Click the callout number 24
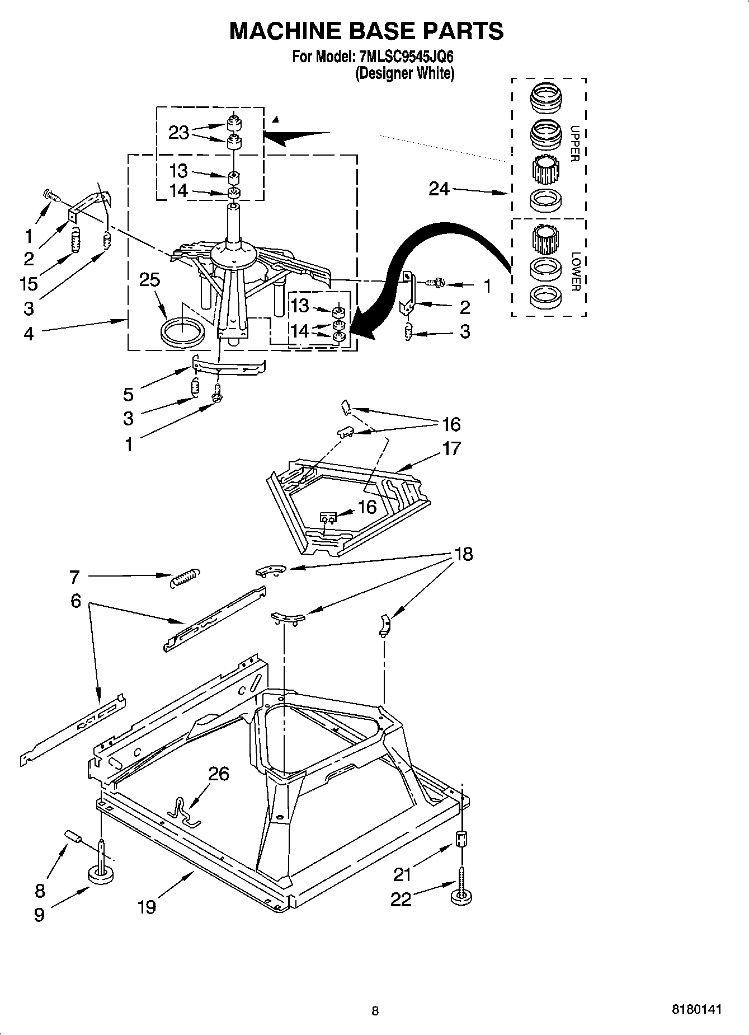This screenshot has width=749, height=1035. (x=439, y=189)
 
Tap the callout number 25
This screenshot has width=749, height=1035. (x=149, y=280)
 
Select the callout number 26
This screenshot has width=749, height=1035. (x=219, y=774)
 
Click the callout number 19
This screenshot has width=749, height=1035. (x=147, y=906)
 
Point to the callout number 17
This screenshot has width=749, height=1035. (x=451, y=448)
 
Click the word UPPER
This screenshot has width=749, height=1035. (x=574, y=143)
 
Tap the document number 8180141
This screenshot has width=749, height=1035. (x=696, y=1009)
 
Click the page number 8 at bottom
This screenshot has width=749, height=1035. (x=375, y=1010)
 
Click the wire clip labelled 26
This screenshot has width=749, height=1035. (x=183, y=812)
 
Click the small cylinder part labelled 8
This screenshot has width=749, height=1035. (x=73, y=837)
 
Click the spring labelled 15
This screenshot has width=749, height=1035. (x=74, y=242)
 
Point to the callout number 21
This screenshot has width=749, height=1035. (x=403, y=873)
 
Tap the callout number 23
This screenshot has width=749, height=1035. (x=178, y=133)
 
